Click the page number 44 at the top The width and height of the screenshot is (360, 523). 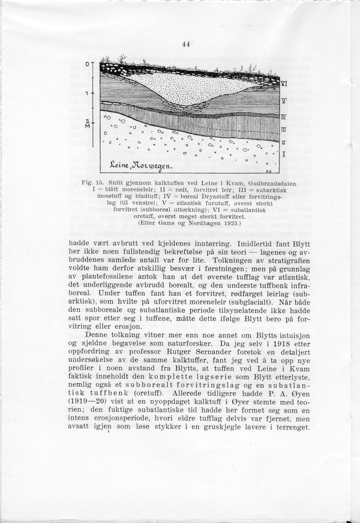186,44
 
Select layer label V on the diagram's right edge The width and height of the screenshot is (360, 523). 284,101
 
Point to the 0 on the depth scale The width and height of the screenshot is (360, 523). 87,64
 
